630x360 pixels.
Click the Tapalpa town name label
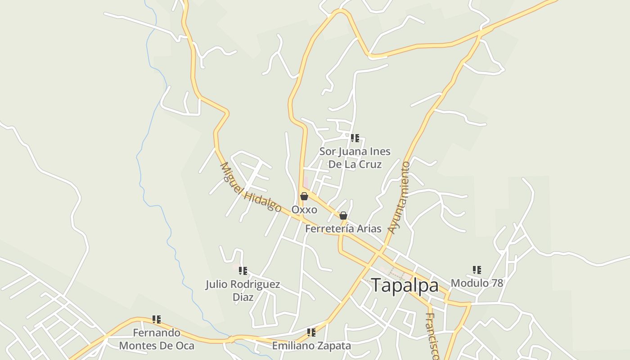coord(405,286)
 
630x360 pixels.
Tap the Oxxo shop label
coord(304,210)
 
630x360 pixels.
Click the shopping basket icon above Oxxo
coord(304,196)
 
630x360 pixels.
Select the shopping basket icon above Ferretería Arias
coord(343,216)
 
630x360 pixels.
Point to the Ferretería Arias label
coord(343,229)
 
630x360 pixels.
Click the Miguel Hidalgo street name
coord(250,187)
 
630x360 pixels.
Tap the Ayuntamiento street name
coord(400,198)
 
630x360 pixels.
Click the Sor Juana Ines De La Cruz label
coord(355,157)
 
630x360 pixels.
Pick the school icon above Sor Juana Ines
coord(355,138)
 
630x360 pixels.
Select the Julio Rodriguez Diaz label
coord(243,291)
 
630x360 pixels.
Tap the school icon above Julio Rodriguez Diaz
coord(243,271)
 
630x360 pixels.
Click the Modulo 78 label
coord(477,283)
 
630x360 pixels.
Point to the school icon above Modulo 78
coord(477,270)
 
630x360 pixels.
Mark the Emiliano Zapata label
coord(311,346)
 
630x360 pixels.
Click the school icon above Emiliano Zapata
coord(311,333)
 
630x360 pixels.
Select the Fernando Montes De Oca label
coord(157,339)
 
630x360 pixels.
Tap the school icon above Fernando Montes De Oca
coord(157,319)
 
